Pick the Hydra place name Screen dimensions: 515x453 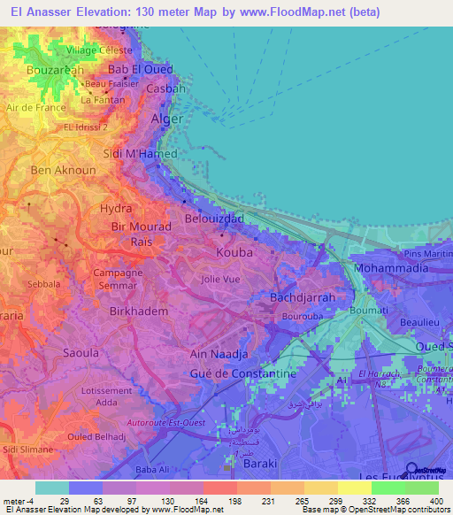click(x=116, y=208)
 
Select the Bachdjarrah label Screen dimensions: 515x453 click(x=303, y=298)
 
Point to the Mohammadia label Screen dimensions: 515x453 click(x=390, y=266)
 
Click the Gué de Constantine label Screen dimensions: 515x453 click(x=243, y=374)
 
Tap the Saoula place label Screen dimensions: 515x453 click(x=56, y=352)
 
